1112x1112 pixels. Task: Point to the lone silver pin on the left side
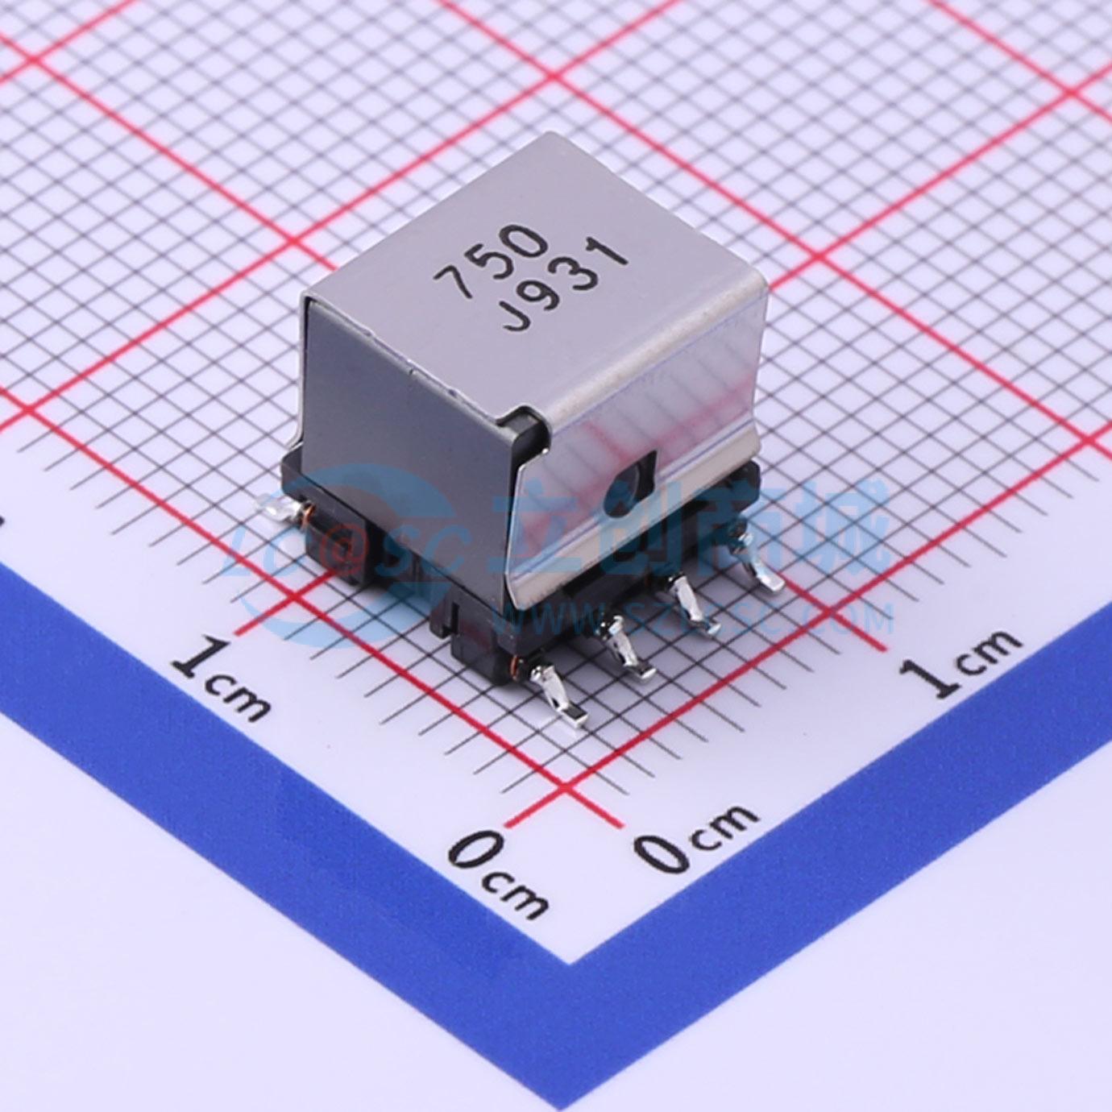[x=277, y=508]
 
